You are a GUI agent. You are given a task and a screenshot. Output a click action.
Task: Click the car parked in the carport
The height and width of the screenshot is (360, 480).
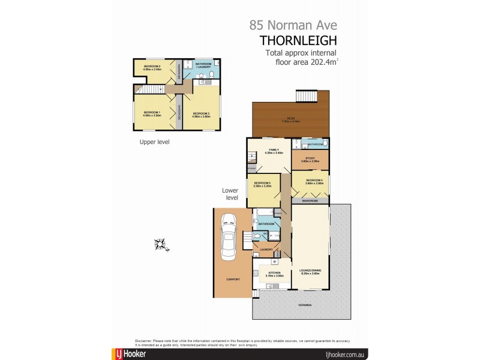[x=228, y=237]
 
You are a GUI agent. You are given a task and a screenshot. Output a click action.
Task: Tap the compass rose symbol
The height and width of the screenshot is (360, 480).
[x=160, y=244]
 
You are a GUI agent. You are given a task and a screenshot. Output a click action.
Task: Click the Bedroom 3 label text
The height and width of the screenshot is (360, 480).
[x=201, y=113]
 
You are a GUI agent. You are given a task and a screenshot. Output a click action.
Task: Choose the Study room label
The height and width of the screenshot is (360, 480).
[x=310, y=158]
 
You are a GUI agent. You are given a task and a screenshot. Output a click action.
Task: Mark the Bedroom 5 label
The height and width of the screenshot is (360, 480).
[x=263, y=184]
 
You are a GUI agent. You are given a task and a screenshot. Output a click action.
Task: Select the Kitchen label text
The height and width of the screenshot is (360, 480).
[x=274, y=273]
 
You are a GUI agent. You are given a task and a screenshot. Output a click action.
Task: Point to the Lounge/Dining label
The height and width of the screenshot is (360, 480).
[x=310, y=271]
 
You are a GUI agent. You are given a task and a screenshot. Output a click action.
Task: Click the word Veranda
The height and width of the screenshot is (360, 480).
[x=305, y=305]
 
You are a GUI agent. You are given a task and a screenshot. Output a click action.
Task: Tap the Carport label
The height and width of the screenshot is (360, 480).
[x=233, y=280]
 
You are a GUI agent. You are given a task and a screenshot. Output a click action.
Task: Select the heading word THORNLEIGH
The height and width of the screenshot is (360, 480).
[x=298, y=41]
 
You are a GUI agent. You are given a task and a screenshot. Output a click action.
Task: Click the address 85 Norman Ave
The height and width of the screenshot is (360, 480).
[x=293, y=25]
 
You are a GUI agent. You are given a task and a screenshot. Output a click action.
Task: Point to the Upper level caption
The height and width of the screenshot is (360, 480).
[x=154, y=142]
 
